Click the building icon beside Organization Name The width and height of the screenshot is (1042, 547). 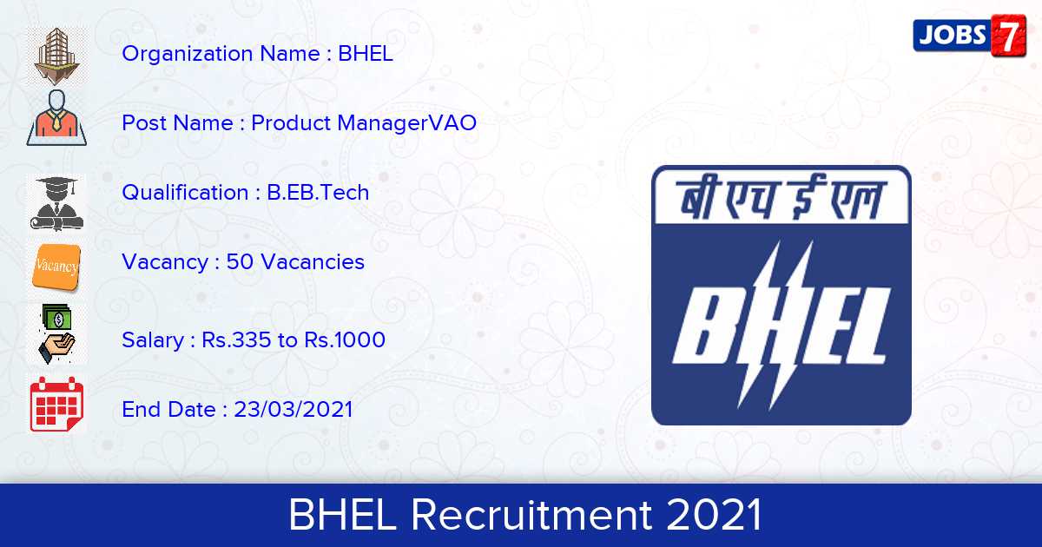(56, 55)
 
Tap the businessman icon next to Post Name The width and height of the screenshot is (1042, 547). (56, 118)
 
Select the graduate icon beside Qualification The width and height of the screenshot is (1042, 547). (56, 203)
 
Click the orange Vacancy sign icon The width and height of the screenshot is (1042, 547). (56, 267)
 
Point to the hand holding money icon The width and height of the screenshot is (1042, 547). (56, 333)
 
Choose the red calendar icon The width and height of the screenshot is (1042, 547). (56, 405)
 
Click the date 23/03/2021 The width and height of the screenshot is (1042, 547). (293, 409)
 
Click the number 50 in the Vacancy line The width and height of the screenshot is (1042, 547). (240, 262)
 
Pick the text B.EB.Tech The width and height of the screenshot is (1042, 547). (318, 193)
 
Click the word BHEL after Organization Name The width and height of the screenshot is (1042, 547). (366, 54)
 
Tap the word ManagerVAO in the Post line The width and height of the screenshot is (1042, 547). (407, 122)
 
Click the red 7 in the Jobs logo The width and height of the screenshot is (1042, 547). (1008, 36)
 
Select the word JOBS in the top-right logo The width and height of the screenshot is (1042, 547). (953, 36)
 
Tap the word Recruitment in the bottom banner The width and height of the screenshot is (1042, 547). (531, 514)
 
